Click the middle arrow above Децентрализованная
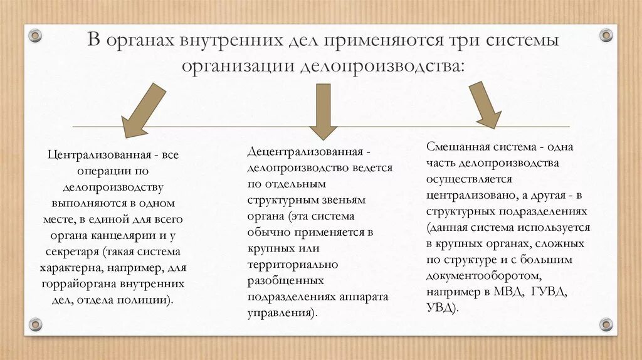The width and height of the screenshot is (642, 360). tap(323, 113)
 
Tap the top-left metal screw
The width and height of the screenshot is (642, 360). tap(35, 34)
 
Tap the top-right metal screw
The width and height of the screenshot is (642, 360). tap(606, 34)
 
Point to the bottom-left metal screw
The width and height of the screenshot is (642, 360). tap(35, 324)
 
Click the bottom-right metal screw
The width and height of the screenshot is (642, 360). tap(606, 324)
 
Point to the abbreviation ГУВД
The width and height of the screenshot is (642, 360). tap(549, 292)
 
